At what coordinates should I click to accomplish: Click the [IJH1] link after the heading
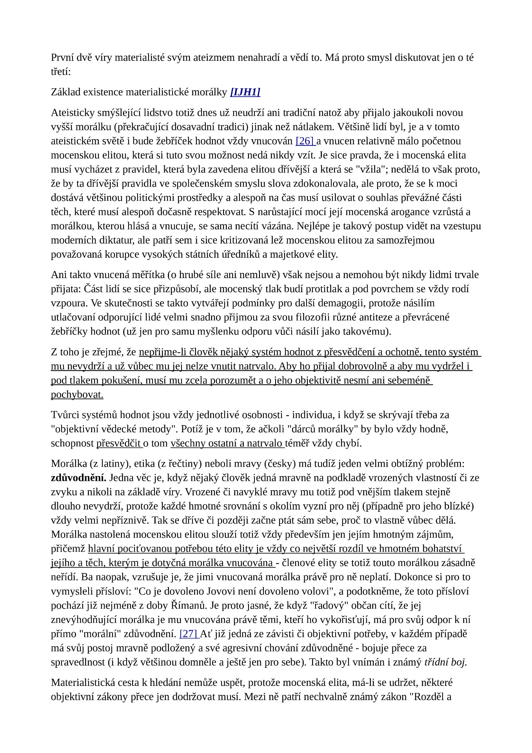tap(245, 92)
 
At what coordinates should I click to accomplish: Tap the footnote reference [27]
tap(189, 634)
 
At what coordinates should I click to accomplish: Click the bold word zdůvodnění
tap(78, 478)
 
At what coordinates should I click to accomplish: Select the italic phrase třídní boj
tap(445, 662)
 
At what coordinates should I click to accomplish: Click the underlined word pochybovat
tap(77, 395)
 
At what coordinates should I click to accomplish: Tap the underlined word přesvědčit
tap(118, 444)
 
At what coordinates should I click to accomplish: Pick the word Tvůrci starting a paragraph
tap(64, 415)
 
